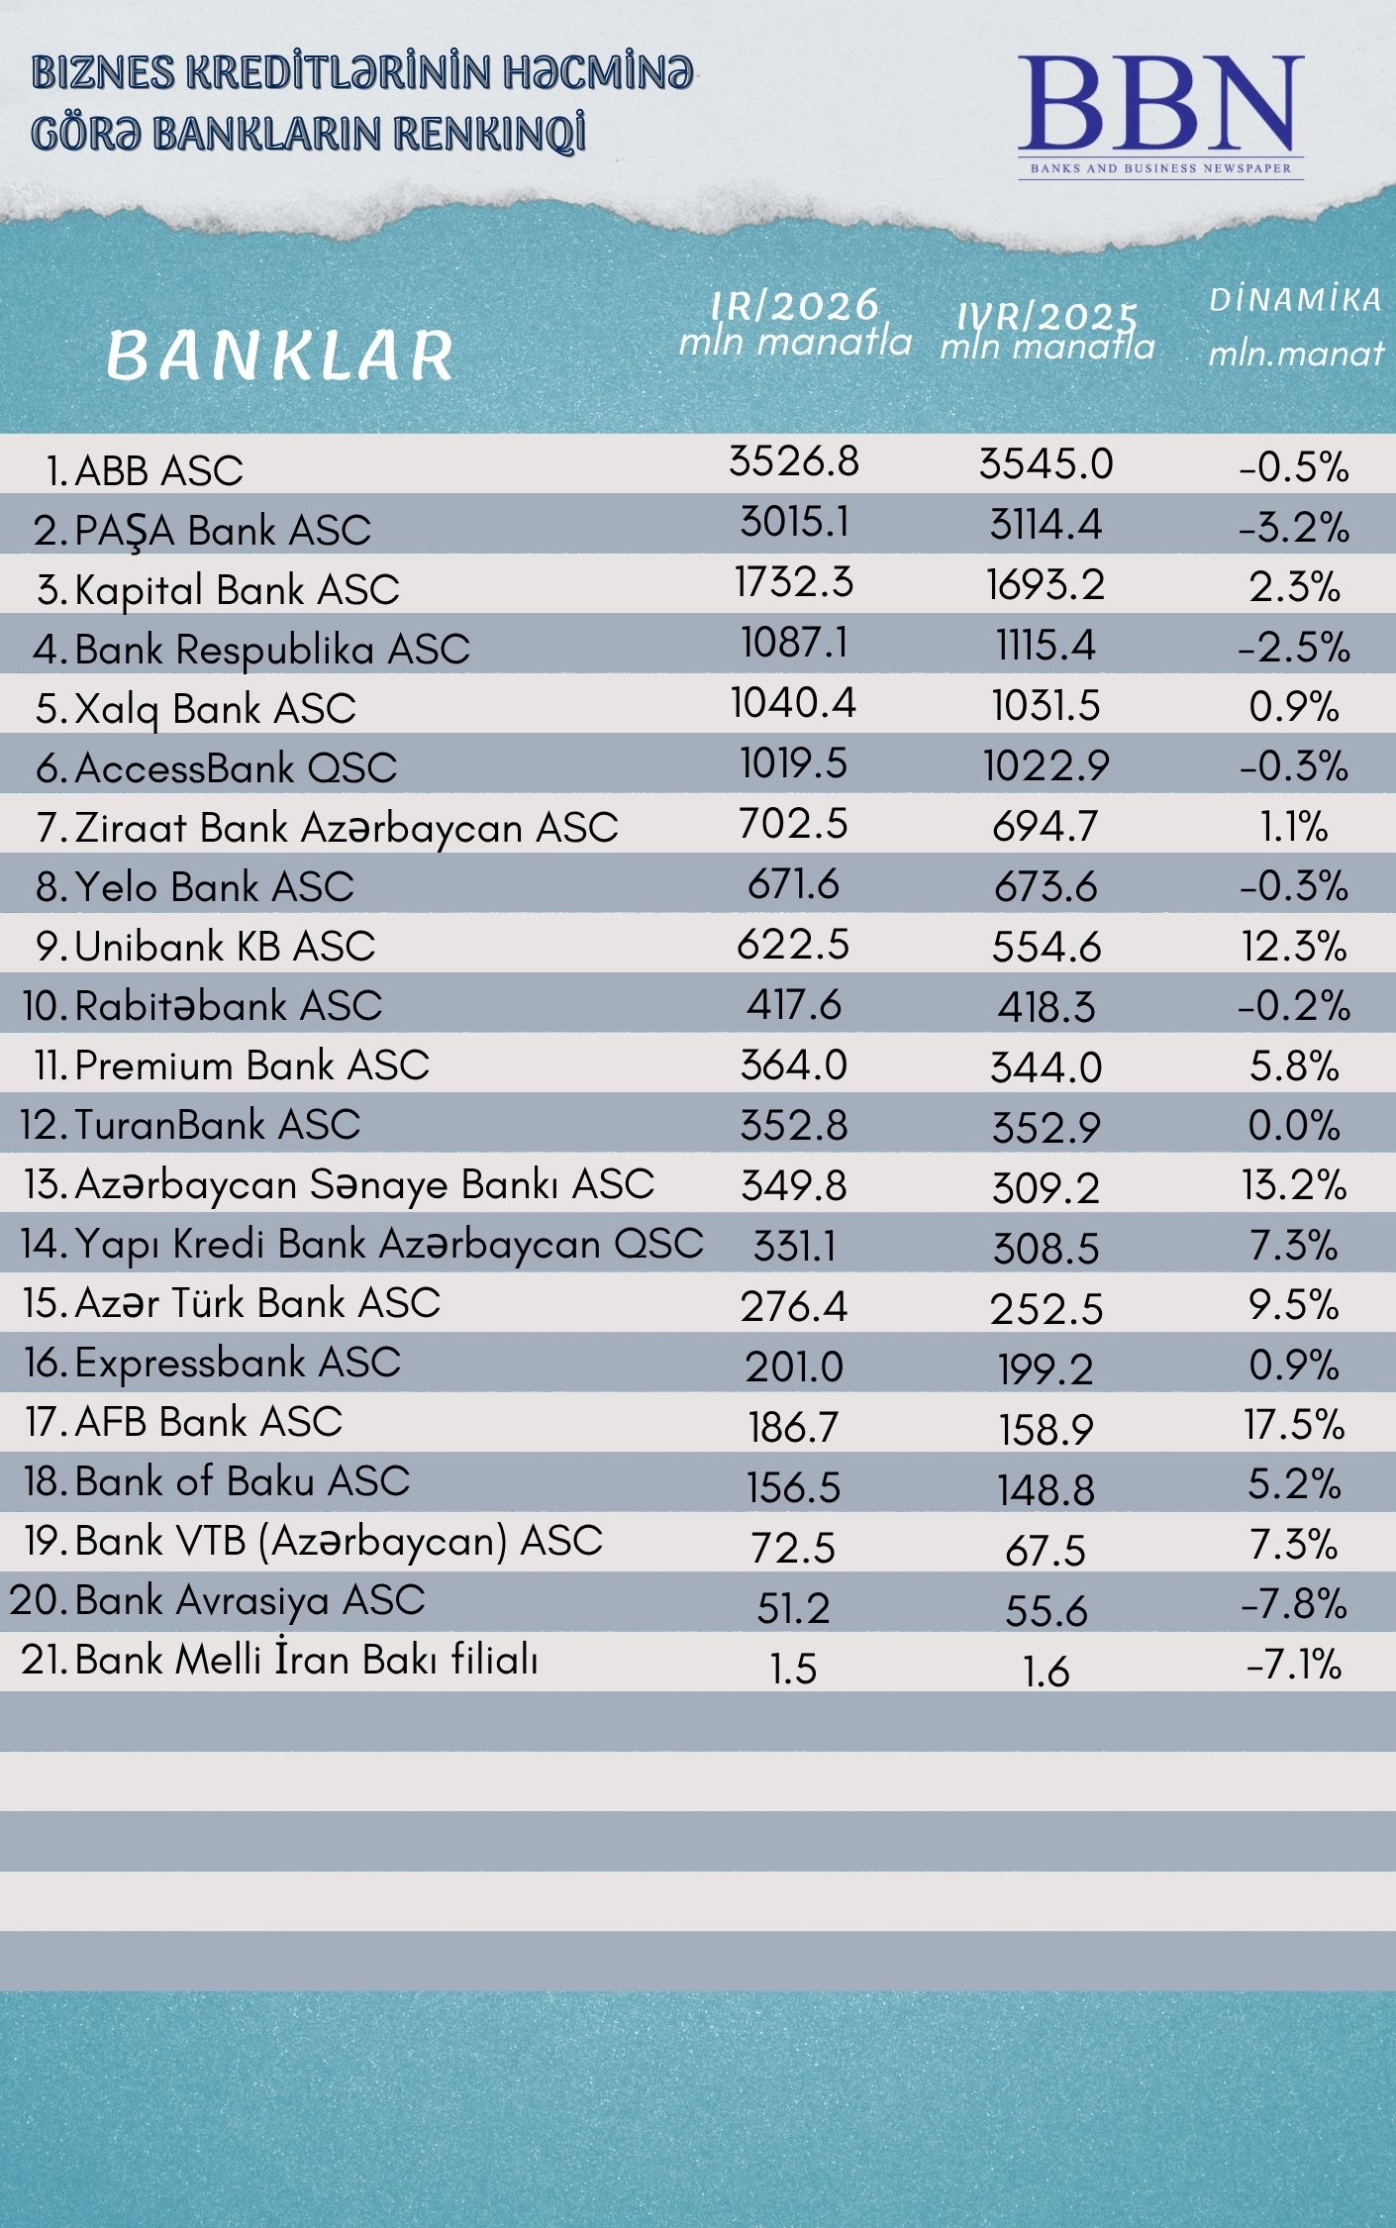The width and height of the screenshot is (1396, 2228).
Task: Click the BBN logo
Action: [1160, 114]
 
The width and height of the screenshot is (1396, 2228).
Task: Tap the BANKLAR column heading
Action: [279, 355]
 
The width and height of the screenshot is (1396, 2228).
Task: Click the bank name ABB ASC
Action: [158, 471]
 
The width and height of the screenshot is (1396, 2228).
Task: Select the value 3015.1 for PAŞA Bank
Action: [794, 523]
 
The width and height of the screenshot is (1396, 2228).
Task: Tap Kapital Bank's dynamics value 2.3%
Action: [1294, 587]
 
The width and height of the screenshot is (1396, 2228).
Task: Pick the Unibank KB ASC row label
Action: [225, 947]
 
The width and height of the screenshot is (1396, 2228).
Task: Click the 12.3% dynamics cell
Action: [1294, 947]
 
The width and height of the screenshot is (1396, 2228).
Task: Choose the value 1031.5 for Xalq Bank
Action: [1047, 706]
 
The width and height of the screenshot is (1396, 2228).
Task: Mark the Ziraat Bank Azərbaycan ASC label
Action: [346, 828]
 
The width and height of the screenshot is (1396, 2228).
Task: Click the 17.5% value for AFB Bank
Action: [1294, 1425]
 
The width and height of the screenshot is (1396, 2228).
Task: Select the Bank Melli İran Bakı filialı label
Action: [306, 1660]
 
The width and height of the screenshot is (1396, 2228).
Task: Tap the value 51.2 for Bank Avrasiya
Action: [794, 1608]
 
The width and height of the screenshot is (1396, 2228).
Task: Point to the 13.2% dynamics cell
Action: [1294, 1185]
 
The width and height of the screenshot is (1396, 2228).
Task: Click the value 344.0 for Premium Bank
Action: [1047, 1067]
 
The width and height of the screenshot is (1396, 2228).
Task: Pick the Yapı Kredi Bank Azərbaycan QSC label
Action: [388, 1245]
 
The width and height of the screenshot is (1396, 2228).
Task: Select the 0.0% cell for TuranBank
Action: [1294, 1126]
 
